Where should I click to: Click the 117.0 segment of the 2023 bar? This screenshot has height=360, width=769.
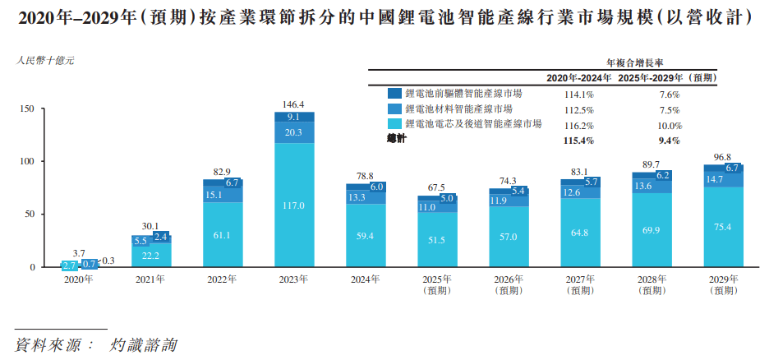293,205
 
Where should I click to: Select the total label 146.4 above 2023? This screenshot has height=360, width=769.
293,105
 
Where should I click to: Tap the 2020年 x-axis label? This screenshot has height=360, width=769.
79,279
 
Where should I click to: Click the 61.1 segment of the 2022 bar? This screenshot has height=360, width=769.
223,235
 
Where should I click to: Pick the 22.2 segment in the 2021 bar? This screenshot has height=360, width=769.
150,256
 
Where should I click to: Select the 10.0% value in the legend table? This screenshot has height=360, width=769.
670,126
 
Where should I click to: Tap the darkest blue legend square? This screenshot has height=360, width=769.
394,95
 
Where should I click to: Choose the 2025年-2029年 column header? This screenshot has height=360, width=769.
670,77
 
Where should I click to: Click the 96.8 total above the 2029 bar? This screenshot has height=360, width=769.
724,157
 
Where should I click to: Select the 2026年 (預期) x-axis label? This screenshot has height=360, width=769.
509,284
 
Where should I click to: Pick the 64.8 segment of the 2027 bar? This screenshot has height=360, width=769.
581,233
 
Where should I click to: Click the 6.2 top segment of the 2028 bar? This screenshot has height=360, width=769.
664,175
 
